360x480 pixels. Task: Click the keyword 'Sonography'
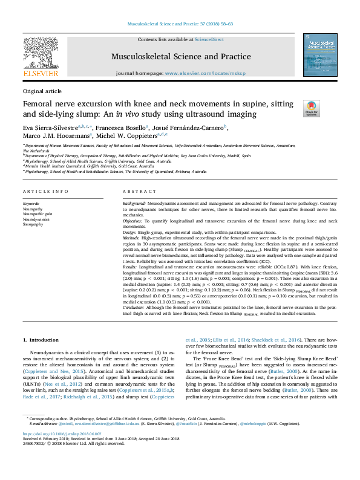pyautogui.click(x=33, y=224)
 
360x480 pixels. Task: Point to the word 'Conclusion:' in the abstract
pyautogui.click(x=134, y=306)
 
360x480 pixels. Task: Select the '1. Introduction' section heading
pyautogui.click(x=41, y=341)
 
